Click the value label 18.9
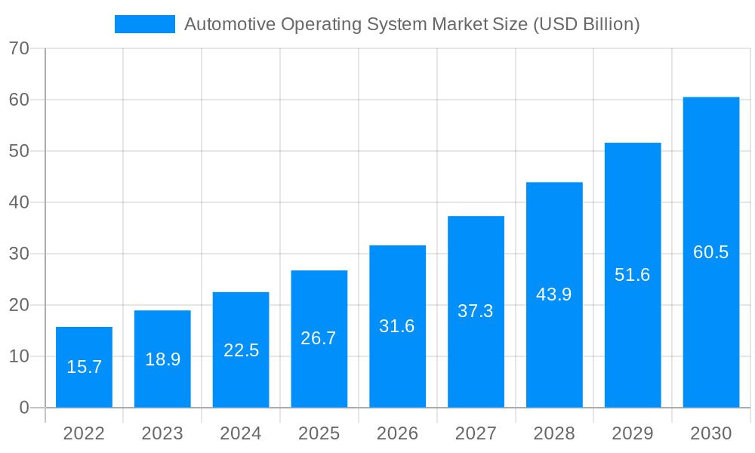[x=162, y=359]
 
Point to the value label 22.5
[x=241, y=350]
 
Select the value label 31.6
[x=397, y=326]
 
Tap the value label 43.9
[x=553, y=294]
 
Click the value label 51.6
[x=632, y=275]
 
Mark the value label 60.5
[x=710, y=252]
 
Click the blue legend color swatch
[x=144, y=24]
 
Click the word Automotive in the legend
[x=230, y=24]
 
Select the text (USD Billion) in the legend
[x=586, y=24]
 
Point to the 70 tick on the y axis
[x=19, y=48]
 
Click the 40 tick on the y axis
[x=19, y=202]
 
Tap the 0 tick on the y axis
[x=23, y=408]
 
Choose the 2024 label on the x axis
[x=241, y=433]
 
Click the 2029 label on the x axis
[x=632, y=433]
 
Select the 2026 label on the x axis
[x=397, y=433]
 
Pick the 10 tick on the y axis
[x=19, y=356]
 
